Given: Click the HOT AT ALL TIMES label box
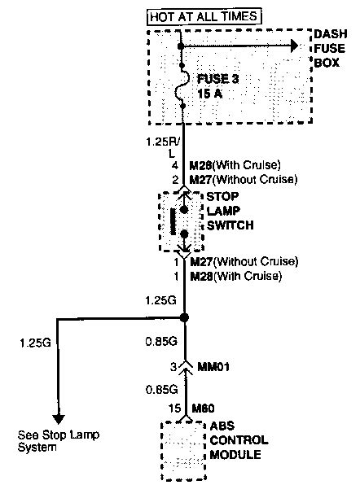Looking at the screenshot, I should [204, 15].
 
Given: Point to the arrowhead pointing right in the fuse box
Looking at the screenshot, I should [288, 46].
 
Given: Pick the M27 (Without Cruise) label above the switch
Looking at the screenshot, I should [243, 179].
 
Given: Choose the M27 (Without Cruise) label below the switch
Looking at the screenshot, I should [243, 262].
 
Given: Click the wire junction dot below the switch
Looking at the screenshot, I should [185, 317].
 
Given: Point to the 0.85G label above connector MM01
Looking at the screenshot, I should [160, 342].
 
